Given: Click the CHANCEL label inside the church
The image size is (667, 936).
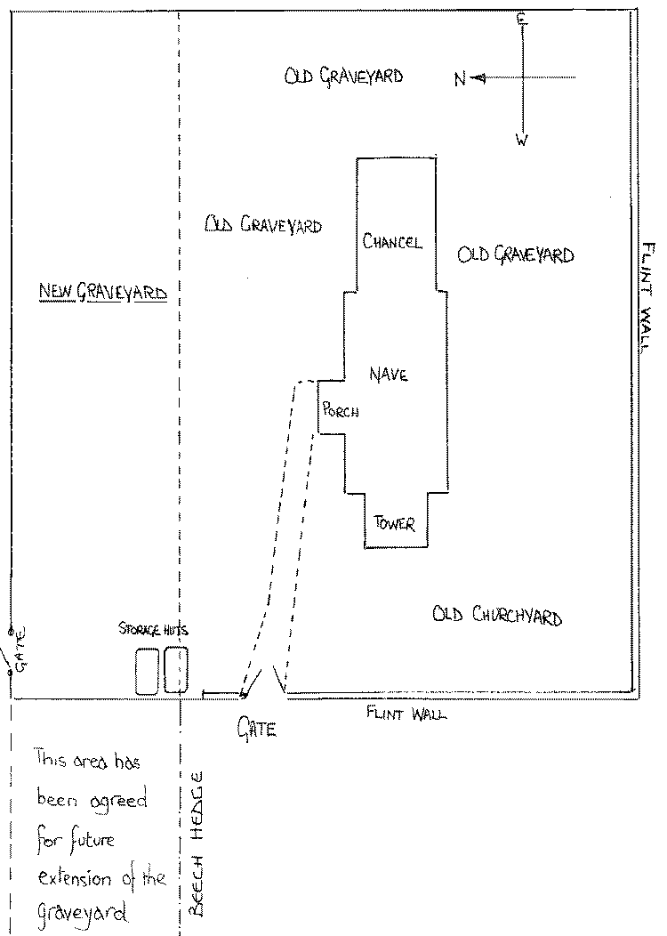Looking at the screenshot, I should tap(392, 242).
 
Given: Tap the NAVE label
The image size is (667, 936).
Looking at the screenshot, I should tap(389, 375).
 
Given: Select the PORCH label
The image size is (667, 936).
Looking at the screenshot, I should tap(341, 410).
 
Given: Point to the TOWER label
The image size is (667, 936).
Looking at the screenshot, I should tap(395, 523).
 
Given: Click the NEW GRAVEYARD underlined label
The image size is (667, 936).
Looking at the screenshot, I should tap(103, 291).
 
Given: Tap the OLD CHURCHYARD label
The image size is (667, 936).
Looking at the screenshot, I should tap(497, 615).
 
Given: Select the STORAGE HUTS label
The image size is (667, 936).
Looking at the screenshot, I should tap(154, 630).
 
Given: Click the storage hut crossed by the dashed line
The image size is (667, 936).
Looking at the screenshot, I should tap(176, 670).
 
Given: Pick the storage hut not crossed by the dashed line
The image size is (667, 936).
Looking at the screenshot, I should tap(148, 671).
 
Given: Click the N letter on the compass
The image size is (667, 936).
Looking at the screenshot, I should tap(460, 80).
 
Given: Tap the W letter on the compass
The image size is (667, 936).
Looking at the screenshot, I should tap(522, 140).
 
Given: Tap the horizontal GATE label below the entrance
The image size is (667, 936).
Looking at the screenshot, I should tap(257, 730).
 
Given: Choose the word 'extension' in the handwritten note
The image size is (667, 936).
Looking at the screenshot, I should tap(74, 879).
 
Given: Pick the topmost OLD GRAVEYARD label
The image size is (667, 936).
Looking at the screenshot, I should tap(343, 77).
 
